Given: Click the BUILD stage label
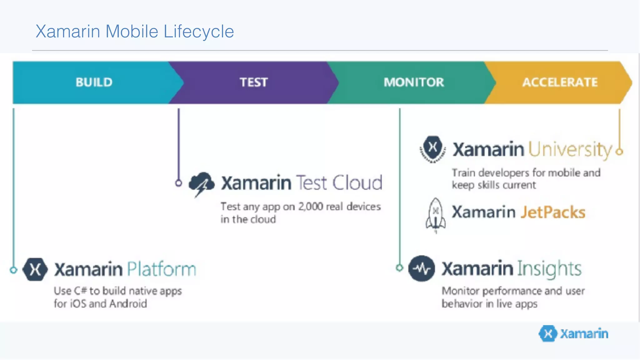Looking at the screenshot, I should tap(94, 82).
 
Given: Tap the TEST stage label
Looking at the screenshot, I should tap(253, 82).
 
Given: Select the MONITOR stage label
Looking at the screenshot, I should tap(413, 82).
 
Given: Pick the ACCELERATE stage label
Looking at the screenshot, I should tap(560, 82).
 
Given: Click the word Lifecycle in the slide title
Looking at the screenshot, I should tap(198, 32).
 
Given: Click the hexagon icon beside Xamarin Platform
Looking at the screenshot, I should tap(35, 269).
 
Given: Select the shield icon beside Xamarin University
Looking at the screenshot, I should tap(433, 149).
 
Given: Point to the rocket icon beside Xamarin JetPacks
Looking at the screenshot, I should tap(436, 215).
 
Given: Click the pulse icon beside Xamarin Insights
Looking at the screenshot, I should tap(422, 268).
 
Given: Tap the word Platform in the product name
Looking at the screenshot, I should tap(162, 269).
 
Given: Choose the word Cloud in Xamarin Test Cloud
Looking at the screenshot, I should tap(357, 183).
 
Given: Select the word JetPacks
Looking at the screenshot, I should tap(553, 212).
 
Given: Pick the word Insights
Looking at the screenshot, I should tap(549, 269).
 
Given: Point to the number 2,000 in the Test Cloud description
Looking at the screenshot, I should tap(310, 207).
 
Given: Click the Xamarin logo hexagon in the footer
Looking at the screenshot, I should tap(548, 333).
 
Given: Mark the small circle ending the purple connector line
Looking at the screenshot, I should tap(178, 183).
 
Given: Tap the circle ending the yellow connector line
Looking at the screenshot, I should tap(619, 152).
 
